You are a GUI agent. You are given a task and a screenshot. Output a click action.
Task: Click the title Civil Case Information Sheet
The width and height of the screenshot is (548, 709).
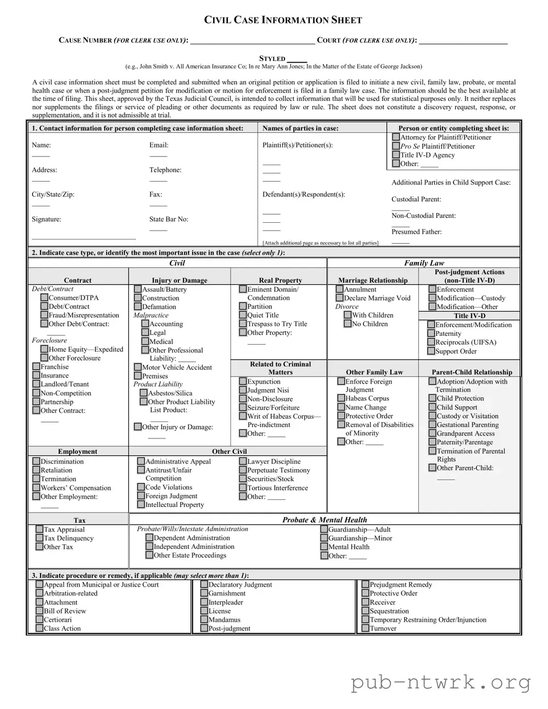[x=283, y=20]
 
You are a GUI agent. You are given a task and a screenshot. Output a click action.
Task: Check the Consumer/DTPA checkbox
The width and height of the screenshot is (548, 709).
[x=44, y=297]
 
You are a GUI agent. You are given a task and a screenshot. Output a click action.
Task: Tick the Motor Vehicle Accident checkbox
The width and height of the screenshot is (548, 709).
[x=138, y=367]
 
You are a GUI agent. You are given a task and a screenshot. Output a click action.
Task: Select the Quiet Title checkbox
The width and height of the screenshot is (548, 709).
[x=243, y=315]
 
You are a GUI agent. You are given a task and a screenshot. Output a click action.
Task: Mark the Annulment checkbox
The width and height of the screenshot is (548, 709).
[x=340, y=289]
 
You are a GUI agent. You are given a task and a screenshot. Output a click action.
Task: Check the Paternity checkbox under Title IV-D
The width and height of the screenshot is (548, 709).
[x=431, y=333]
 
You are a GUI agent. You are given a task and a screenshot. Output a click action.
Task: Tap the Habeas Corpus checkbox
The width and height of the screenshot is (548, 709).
[x=341, y=398]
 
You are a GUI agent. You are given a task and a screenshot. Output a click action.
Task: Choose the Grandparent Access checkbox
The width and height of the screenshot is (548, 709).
[x=432, y=434]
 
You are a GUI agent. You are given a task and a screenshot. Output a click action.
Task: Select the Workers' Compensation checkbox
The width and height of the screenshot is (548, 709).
[x=36, y=488]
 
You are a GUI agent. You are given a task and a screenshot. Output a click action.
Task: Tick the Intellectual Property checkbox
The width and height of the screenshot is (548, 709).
[x=141, y=504]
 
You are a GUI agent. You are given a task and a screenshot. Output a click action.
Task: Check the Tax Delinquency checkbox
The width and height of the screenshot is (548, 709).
[x=40, y=538]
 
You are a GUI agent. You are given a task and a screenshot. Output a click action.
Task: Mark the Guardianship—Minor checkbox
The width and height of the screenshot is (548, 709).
[x=324, y=538]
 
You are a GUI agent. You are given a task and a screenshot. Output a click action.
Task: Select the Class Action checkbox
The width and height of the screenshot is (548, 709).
[x=40, y=628]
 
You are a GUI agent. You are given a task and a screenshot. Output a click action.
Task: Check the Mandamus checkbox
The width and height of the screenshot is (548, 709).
[x=204, y=620]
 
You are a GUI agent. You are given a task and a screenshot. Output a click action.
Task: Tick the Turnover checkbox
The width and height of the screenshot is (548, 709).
[x=366, y=628]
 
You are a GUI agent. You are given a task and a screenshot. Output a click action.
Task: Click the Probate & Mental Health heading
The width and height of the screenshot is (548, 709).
[x=325, y=520]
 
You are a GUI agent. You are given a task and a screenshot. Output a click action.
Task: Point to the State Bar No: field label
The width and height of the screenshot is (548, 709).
[x=169, y=219]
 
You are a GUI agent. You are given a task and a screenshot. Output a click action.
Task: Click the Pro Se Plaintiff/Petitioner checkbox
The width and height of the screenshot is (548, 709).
[x=396, y=146]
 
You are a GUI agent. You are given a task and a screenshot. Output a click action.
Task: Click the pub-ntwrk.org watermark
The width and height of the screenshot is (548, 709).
[x=441, y=683]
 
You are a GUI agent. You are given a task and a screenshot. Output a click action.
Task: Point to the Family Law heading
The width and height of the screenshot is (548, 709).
[x=424, y=263]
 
